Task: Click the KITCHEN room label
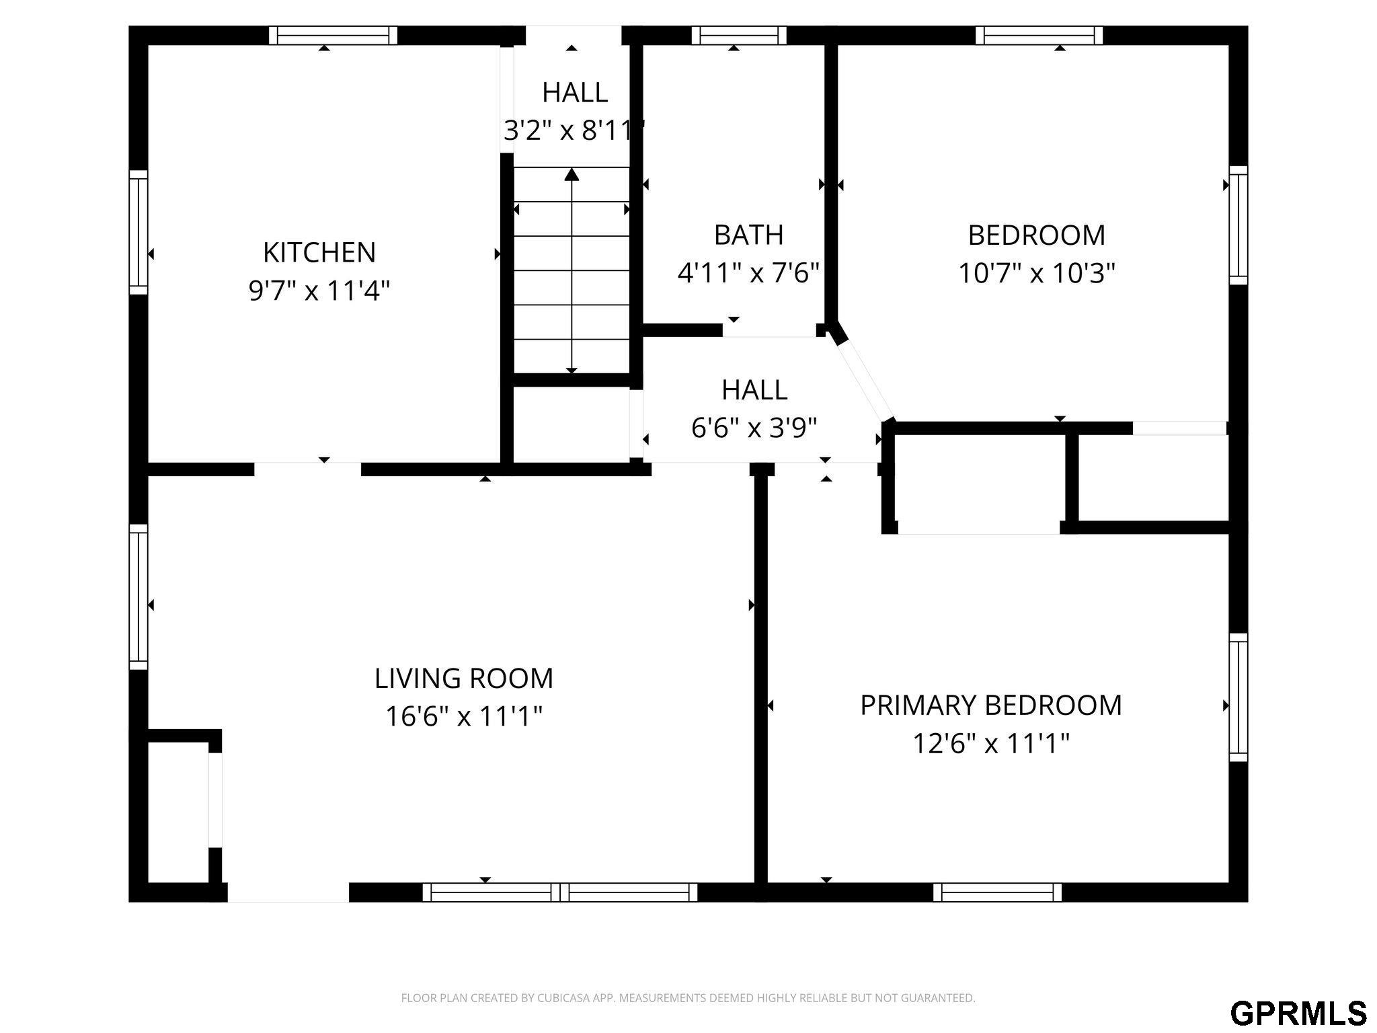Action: coord(319,252)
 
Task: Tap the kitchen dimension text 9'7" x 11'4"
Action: coord(319,291)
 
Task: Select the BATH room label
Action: coord(748,235)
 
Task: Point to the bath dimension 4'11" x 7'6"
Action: coord(748,273)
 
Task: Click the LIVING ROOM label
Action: coord(464,678)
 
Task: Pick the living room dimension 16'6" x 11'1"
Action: coord(464,716)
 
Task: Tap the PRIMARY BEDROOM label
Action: coord(991,705)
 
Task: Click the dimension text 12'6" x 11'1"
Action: coord(991,744)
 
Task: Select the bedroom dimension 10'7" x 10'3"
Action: coord(1037,273)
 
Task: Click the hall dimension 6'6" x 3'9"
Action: coord(754,427)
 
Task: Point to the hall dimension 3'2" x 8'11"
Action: coord(574,130)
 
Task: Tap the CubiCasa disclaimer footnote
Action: coord(688,998)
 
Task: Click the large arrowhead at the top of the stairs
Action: coord(572,175)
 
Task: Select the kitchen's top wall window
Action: coord(333,35)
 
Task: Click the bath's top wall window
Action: coord(739,35)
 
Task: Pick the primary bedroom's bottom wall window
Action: coord(998,892)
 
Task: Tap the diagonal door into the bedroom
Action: coord(865,381)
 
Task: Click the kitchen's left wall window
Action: coord(138,232)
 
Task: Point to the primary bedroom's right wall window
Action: coord(1238,697)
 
